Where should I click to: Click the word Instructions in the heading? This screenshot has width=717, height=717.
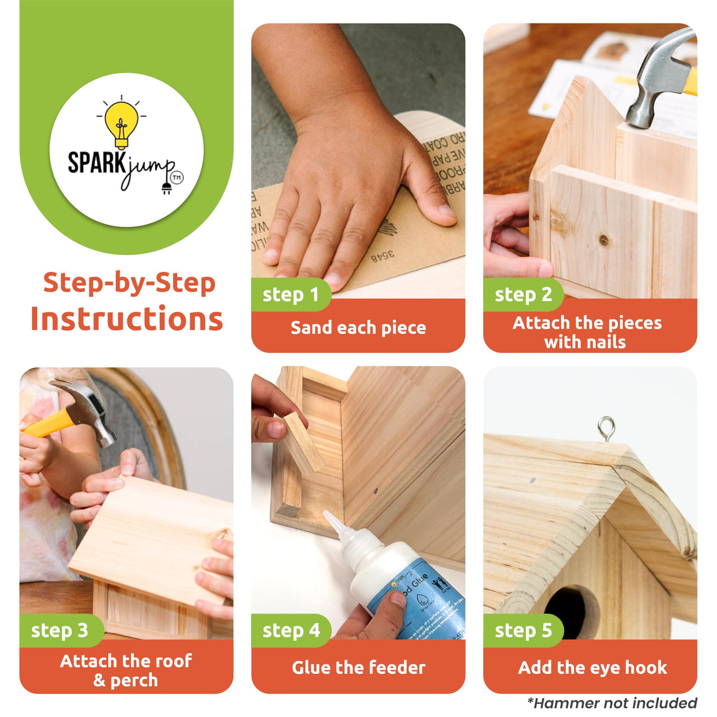(x=127, y=319)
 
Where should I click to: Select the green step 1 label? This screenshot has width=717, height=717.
(x=290, y=294)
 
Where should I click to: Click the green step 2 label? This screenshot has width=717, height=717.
(x=523, y=294)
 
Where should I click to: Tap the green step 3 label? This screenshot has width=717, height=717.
(x=59, y=630)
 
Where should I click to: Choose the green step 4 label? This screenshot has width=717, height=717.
(x=291, y=630)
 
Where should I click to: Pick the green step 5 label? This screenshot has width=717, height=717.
(x=523, y=630)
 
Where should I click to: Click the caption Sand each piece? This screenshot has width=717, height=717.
(x=358, y=327)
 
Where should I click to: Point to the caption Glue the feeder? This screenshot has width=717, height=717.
(x=358, y=667)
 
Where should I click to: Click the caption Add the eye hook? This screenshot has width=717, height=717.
(x=592, y=667)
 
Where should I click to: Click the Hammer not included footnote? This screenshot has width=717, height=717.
(x=611, y=703)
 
